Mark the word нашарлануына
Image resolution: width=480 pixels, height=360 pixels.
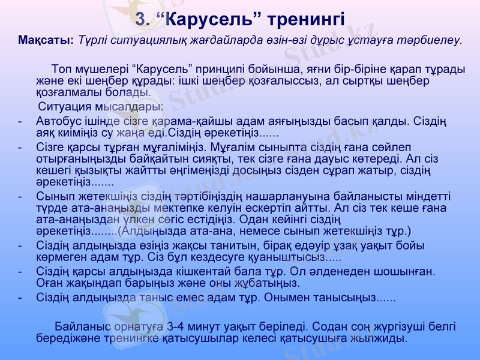[263, 196]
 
